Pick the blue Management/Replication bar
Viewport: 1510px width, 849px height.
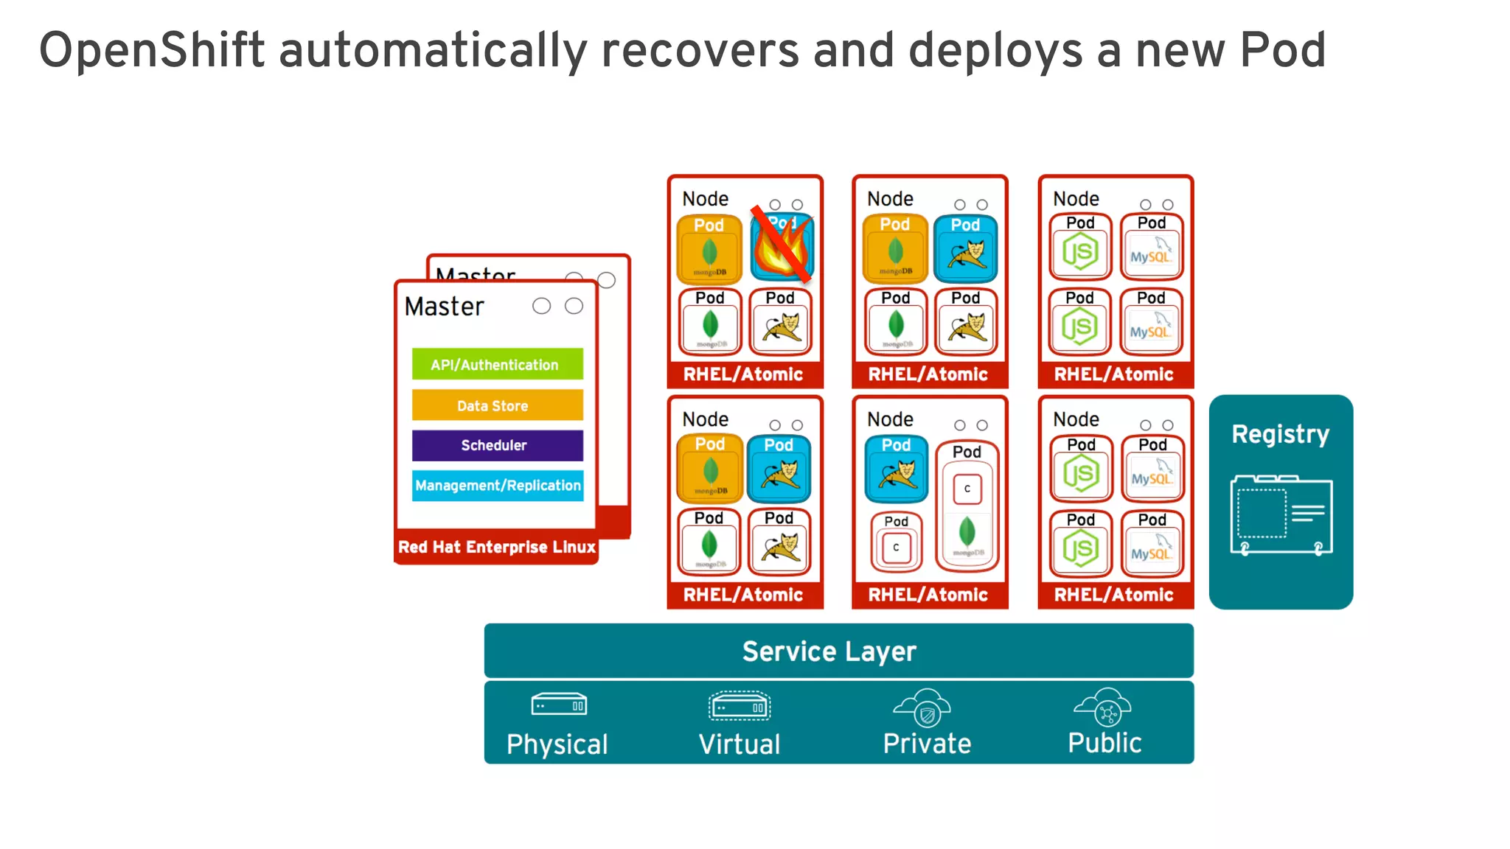(497, 486)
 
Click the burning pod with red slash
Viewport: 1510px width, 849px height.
(782, 248)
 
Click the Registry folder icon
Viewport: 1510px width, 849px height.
(1281, 514)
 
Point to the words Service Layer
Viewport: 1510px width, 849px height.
(829, 651)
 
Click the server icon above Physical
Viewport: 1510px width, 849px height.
(559, 705)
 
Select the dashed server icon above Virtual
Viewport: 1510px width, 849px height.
(739, 707)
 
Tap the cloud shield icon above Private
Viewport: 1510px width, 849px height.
(922, 707)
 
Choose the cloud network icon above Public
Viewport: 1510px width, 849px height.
(1103, 707)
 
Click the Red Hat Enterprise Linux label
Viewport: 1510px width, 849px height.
(496, 547)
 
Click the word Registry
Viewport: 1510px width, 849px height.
(1280, 434)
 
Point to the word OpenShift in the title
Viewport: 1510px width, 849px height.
(151, 52)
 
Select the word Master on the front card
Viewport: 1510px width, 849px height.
(444, 307)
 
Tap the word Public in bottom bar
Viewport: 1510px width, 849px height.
(1104, 743)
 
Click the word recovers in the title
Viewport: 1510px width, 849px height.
(700, 52)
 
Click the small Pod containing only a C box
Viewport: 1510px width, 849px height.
(896, 542)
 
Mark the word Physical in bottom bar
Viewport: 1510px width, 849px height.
(557, 744)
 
